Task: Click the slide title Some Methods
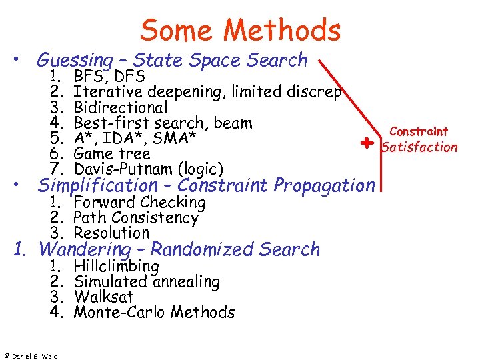[241, 31]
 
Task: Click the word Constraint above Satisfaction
[419, 132]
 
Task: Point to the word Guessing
[75, 61]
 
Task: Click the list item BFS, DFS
[114, 76]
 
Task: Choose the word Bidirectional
[121, 107]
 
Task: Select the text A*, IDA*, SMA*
[135, 138]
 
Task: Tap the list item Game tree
[112, 154]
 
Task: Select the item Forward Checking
[139, 202]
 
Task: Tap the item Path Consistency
[136, 217]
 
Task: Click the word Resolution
[111, 233]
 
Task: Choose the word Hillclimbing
[117, 267]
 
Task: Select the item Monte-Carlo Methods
[154, 312]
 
